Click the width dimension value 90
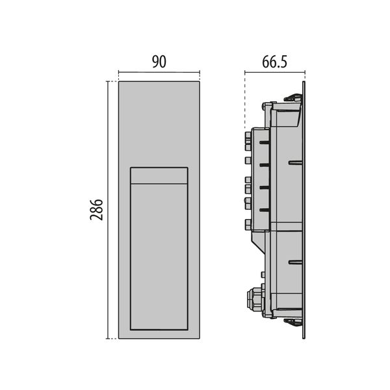point(159,62)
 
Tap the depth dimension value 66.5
point(275,62)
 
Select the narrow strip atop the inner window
point(159,175)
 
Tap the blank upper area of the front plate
point(159,123)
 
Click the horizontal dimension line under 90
point(159,72)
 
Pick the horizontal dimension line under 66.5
point(274,72)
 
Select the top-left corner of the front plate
point(118,81)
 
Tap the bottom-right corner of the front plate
point(200,339)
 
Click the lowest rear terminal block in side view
point(247,224)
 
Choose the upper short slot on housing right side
point(295,162)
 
